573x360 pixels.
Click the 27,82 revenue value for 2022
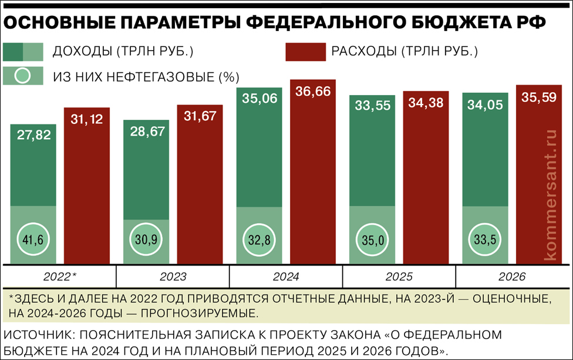point(34,135)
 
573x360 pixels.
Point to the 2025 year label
point(399,277)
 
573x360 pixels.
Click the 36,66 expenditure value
point(313,91)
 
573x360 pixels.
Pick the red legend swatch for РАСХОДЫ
point(305,51)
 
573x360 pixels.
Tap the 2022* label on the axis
point(59,277)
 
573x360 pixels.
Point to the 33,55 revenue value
point(372,106)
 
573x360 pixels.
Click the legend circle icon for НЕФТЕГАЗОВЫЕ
point(23,76)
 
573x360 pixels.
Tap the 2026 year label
point(512,277)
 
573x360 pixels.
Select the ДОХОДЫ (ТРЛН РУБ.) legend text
point(123,51)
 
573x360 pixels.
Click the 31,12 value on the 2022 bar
point(87,119)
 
